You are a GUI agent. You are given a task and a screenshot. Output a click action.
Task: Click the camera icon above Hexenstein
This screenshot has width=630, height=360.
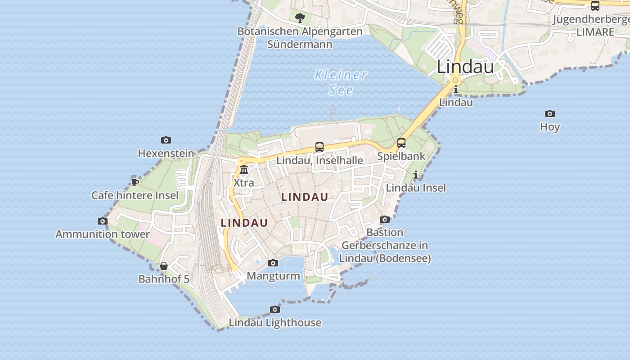[x=166, y=140]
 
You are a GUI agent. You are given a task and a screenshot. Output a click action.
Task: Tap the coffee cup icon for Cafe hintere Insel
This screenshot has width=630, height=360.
[x=135, y=182]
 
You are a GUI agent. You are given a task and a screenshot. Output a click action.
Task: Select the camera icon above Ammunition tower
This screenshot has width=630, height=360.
[x=103, y=221]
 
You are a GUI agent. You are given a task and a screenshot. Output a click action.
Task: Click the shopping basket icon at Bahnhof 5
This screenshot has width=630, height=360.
[x=164, y=266]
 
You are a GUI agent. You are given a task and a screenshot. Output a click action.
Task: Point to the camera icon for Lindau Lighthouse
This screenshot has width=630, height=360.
[x=275, y=309]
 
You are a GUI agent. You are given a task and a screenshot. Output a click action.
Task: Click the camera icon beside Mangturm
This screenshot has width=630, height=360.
[x=273, y=263]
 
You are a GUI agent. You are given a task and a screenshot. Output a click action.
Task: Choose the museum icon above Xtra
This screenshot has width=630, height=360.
[x=244, y=170]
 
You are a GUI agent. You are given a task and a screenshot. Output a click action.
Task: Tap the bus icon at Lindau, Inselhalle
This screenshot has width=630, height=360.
[x=319, y=147]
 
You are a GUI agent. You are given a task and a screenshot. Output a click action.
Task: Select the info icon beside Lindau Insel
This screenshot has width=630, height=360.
[x=415, y=175]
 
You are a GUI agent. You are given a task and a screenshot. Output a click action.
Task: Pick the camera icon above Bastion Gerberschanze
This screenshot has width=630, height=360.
[x=385, y=220]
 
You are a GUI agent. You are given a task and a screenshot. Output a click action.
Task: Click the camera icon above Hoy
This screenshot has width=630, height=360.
[x=549, y=113]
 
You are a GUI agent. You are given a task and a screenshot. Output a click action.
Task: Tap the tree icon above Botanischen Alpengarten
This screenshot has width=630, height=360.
[x=300, y=18]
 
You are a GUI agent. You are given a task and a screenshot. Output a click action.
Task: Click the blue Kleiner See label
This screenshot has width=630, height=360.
[x=341, y=82]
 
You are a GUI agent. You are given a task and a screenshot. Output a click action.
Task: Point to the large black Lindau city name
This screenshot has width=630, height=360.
[x=465, y=67]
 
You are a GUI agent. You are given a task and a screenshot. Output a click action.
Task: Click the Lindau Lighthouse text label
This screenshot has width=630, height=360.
[x=275, y=323]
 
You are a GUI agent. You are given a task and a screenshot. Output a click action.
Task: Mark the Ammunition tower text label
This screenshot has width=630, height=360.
[x=103, y=234]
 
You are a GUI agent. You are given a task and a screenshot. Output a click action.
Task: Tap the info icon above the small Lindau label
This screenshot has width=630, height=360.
[x=456, y=90]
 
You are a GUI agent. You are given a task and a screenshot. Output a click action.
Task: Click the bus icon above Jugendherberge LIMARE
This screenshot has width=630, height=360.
[x=595, y=6]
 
